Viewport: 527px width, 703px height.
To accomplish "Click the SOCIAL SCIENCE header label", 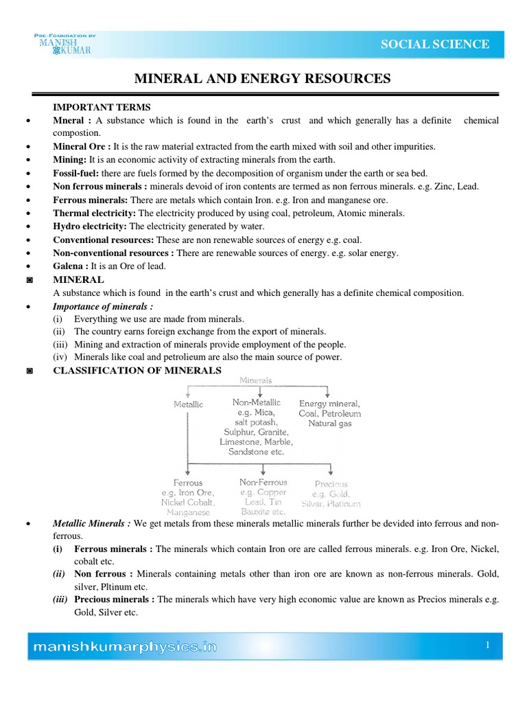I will click(x=435, y=45).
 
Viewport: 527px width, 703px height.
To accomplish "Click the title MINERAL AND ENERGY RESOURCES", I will click(x=262, y=79).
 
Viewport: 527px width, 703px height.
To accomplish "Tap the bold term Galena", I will click(x=68, y=266).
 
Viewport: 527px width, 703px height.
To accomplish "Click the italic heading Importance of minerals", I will click(x=103, y=306).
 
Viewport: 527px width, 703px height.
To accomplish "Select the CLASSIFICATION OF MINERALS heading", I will click(x=137, y=371).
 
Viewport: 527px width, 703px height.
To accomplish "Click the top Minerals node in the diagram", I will click(x=255, y=380).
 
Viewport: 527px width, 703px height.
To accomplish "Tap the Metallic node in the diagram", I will click(x=188, y=404).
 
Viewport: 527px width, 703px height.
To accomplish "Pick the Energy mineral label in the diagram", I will click(x=329, y=404).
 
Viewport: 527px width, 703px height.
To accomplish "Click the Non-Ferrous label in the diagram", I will click(x=263, y=483).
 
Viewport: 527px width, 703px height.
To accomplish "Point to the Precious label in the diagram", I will click(x=331, y=484).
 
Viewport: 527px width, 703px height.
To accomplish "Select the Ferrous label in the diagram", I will click(x=188, y=483).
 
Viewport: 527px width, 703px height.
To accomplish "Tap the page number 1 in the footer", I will click(x=487, y=645).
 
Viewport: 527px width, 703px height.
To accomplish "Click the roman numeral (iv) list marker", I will click(x=62, y=357).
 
